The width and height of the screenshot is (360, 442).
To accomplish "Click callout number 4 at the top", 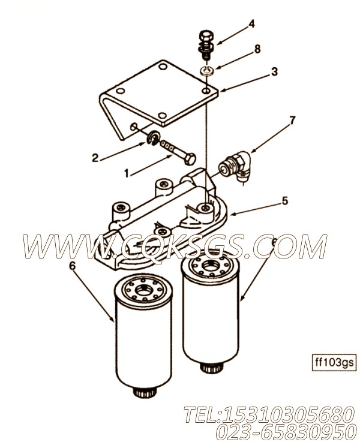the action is tap(251, 23).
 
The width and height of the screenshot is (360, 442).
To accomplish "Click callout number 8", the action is tap(257, 49).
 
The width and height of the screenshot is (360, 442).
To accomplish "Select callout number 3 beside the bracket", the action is tap(274, 71).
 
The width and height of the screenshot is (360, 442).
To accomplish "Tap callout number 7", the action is tap(292, 121).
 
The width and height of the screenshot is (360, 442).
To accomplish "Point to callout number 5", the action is tap(285, 201).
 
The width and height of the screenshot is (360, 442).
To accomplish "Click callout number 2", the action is tap(95, 158).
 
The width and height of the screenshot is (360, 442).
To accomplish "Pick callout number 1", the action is tap(127, 174).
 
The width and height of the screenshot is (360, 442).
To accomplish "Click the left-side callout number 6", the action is tap(73, 266).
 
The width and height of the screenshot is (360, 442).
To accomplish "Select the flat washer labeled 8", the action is tap(207, 71).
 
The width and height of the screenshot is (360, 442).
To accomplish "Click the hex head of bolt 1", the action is tap(191, 160).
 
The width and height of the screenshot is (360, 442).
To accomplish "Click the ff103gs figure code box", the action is tap(334, 362).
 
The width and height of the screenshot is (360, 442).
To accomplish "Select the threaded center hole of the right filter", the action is tap(211, 265).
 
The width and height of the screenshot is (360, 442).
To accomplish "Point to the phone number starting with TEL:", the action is tap(269, 415).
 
